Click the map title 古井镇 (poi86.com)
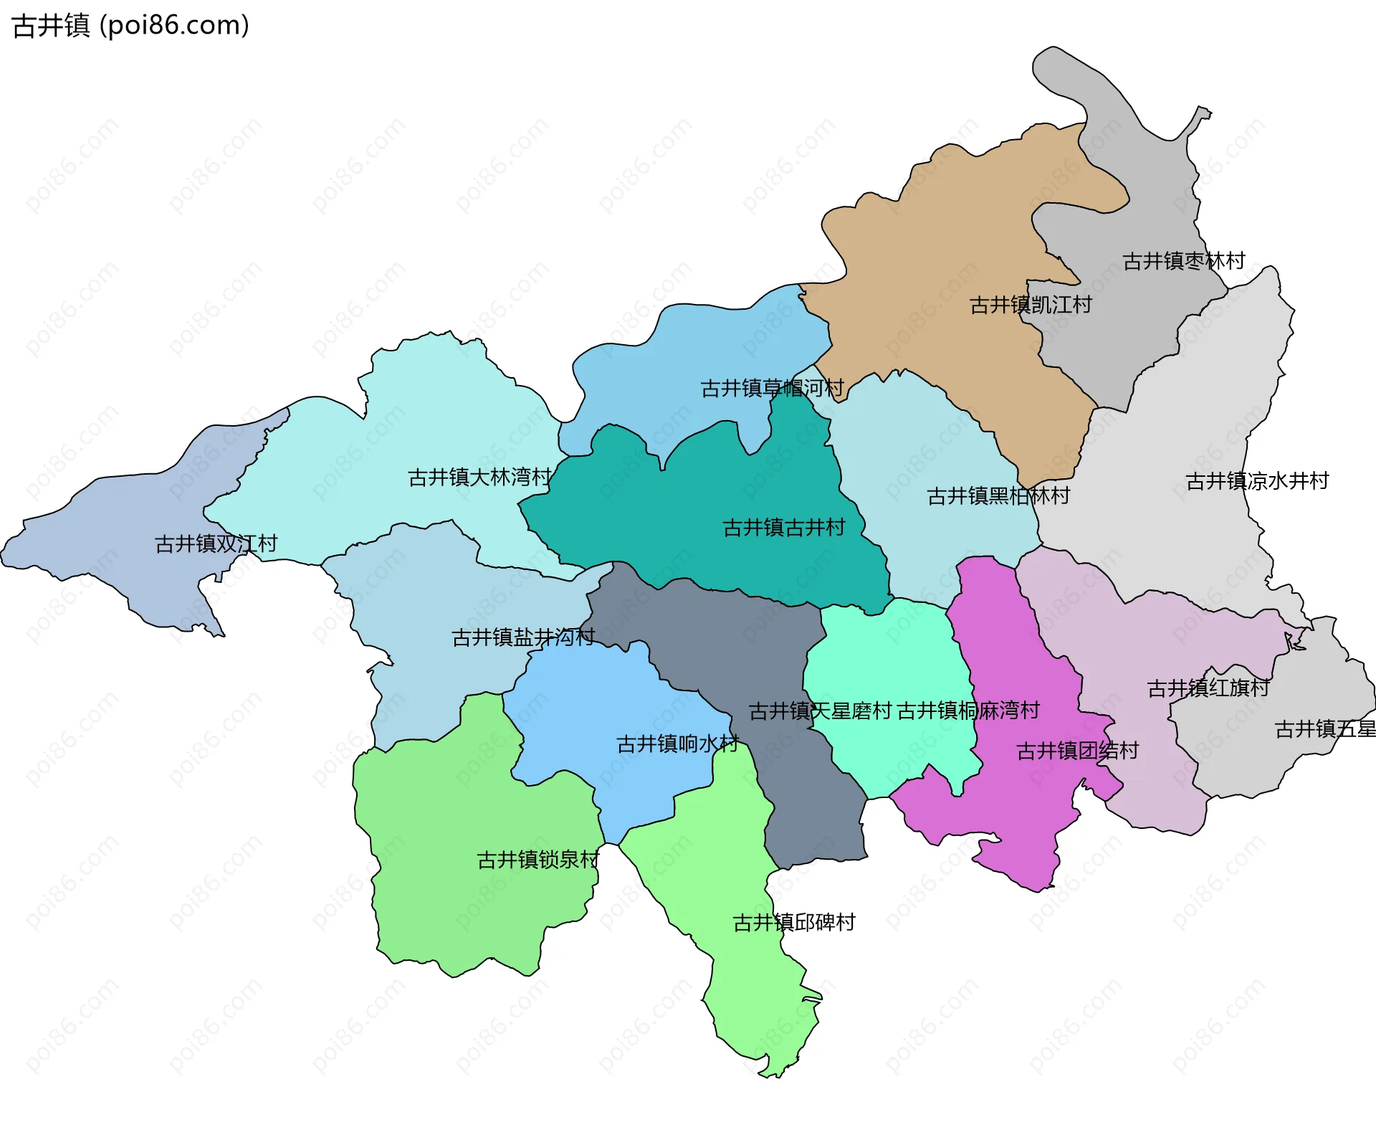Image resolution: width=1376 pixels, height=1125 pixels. [131, 26]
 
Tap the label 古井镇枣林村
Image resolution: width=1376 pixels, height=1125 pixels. [1183, 261]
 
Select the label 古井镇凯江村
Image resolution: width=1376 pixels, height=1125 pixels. [1030, 305]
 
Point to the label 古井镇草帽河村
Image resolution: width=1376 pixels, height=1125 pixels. [771, 389]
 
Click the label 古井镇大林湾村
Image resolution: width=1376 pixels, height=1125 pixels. [479, 478]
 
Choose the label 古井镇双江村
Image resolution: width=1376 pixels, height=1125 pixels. [216, 544]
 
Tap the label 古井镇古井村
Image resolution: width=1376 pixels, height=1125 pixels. [783, 528]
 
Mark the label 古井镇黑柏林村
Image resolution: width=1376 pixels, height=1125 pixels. [998, 496]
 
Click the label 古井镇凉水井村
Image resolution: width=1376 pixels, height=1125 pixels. [1256, 481]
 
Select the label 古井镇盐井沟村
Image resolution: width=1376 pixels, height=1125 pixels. [523, 637]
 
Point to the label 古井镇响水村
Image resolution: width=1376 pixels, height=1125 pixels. [677, 744]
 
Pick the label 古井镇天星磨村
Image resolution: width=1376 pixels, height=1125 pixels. [820, 711]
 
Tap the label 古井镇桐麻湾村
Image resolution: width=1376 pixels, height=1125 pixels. [968, 711]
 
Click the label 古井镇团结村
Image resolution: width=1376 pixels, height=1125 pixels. [1077, 751]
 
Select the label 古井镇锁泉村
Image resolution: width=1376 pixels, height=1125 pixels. [537, 860]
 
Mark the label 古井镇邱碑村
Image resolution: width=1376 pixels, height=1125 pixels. [793, 923]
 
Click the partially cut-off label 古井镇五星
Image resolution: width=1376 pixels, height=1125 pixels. [1324, 730]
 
